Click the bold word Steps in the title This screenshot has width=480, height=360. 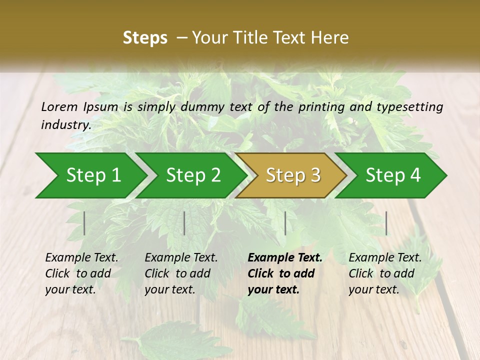[145, 38]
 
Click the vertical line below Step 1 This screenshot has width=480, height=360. [84, 223]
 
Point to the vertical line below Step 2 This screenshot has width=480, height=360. [184, 223]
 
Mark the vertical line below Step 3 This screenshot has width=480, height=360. [285, 223]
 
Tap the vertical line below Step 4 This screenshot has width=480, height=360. [386, 223]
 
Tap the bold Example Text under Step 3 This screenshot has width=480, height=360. [285, 257]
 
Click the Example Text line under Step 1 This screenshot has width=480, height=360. [81, 257]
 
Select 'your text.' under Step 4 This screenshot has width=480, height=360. [373, 289]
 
